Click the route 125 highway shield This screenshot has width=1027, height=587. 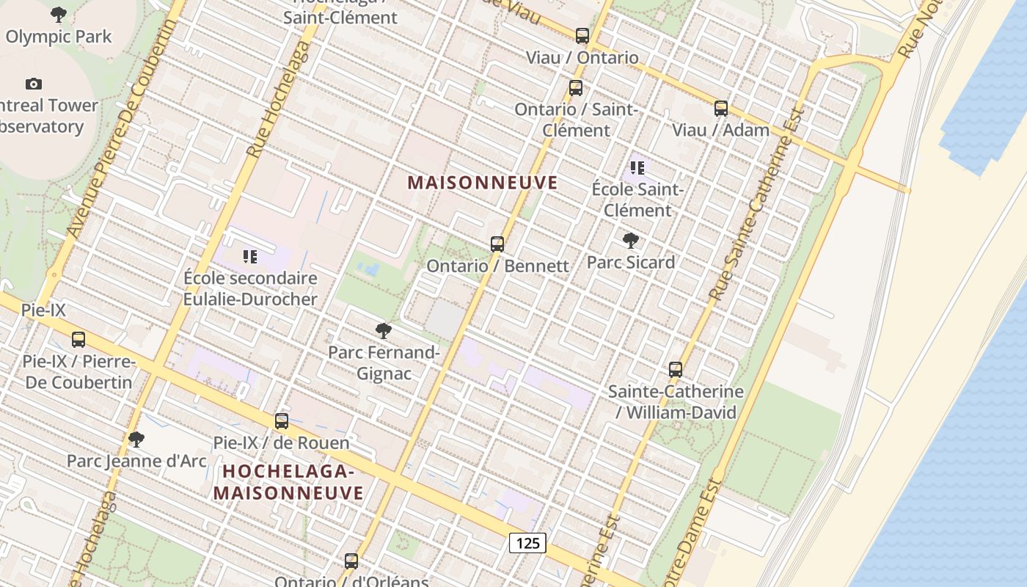pos(527,543)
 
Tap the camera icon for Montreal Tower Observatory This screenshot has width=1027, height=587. pos(34,84)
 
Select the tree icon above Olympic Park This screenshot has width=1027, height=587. pos(59,15)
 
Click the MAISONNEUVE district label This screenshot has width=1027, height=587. pos(483,183)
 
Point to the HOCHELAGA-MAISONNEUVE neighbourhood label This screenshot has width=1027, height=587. pos(288,481)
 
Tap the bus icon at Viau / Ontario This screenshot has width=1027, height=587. pos(582,35)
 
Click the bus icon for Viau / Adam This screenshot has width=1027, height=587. pos(721,109)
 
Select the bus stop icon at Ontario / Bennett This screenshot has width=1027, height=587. pos(497,244)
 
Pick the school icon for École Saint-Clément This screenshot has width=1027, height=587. pos(637,168)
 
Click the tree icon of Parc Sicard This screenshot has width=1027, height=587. pos(630,241)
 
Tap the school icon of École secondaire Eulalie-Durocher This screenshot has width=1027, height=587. pos(250,257)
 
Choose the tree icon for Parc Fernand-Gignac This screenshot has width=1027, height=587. pos(383,331)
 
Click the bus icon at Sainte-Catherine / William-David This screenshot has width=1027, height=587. pos(676,370)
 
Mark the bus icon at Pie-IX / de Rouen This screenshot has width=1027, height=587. pos(282,421)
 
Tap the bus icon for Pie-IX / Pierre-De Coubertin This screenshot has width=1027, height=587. pos(78,340)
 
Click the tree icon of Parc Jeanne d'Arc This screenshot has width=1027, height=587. pos(136,440)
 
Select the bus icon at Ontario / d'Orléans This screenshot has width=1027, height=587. pos(351,561)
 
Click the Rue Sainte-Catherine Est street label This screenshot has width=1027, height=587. pos(756,205)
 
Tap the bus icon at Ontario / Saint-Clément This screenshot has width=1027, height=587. pos(576,88)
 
